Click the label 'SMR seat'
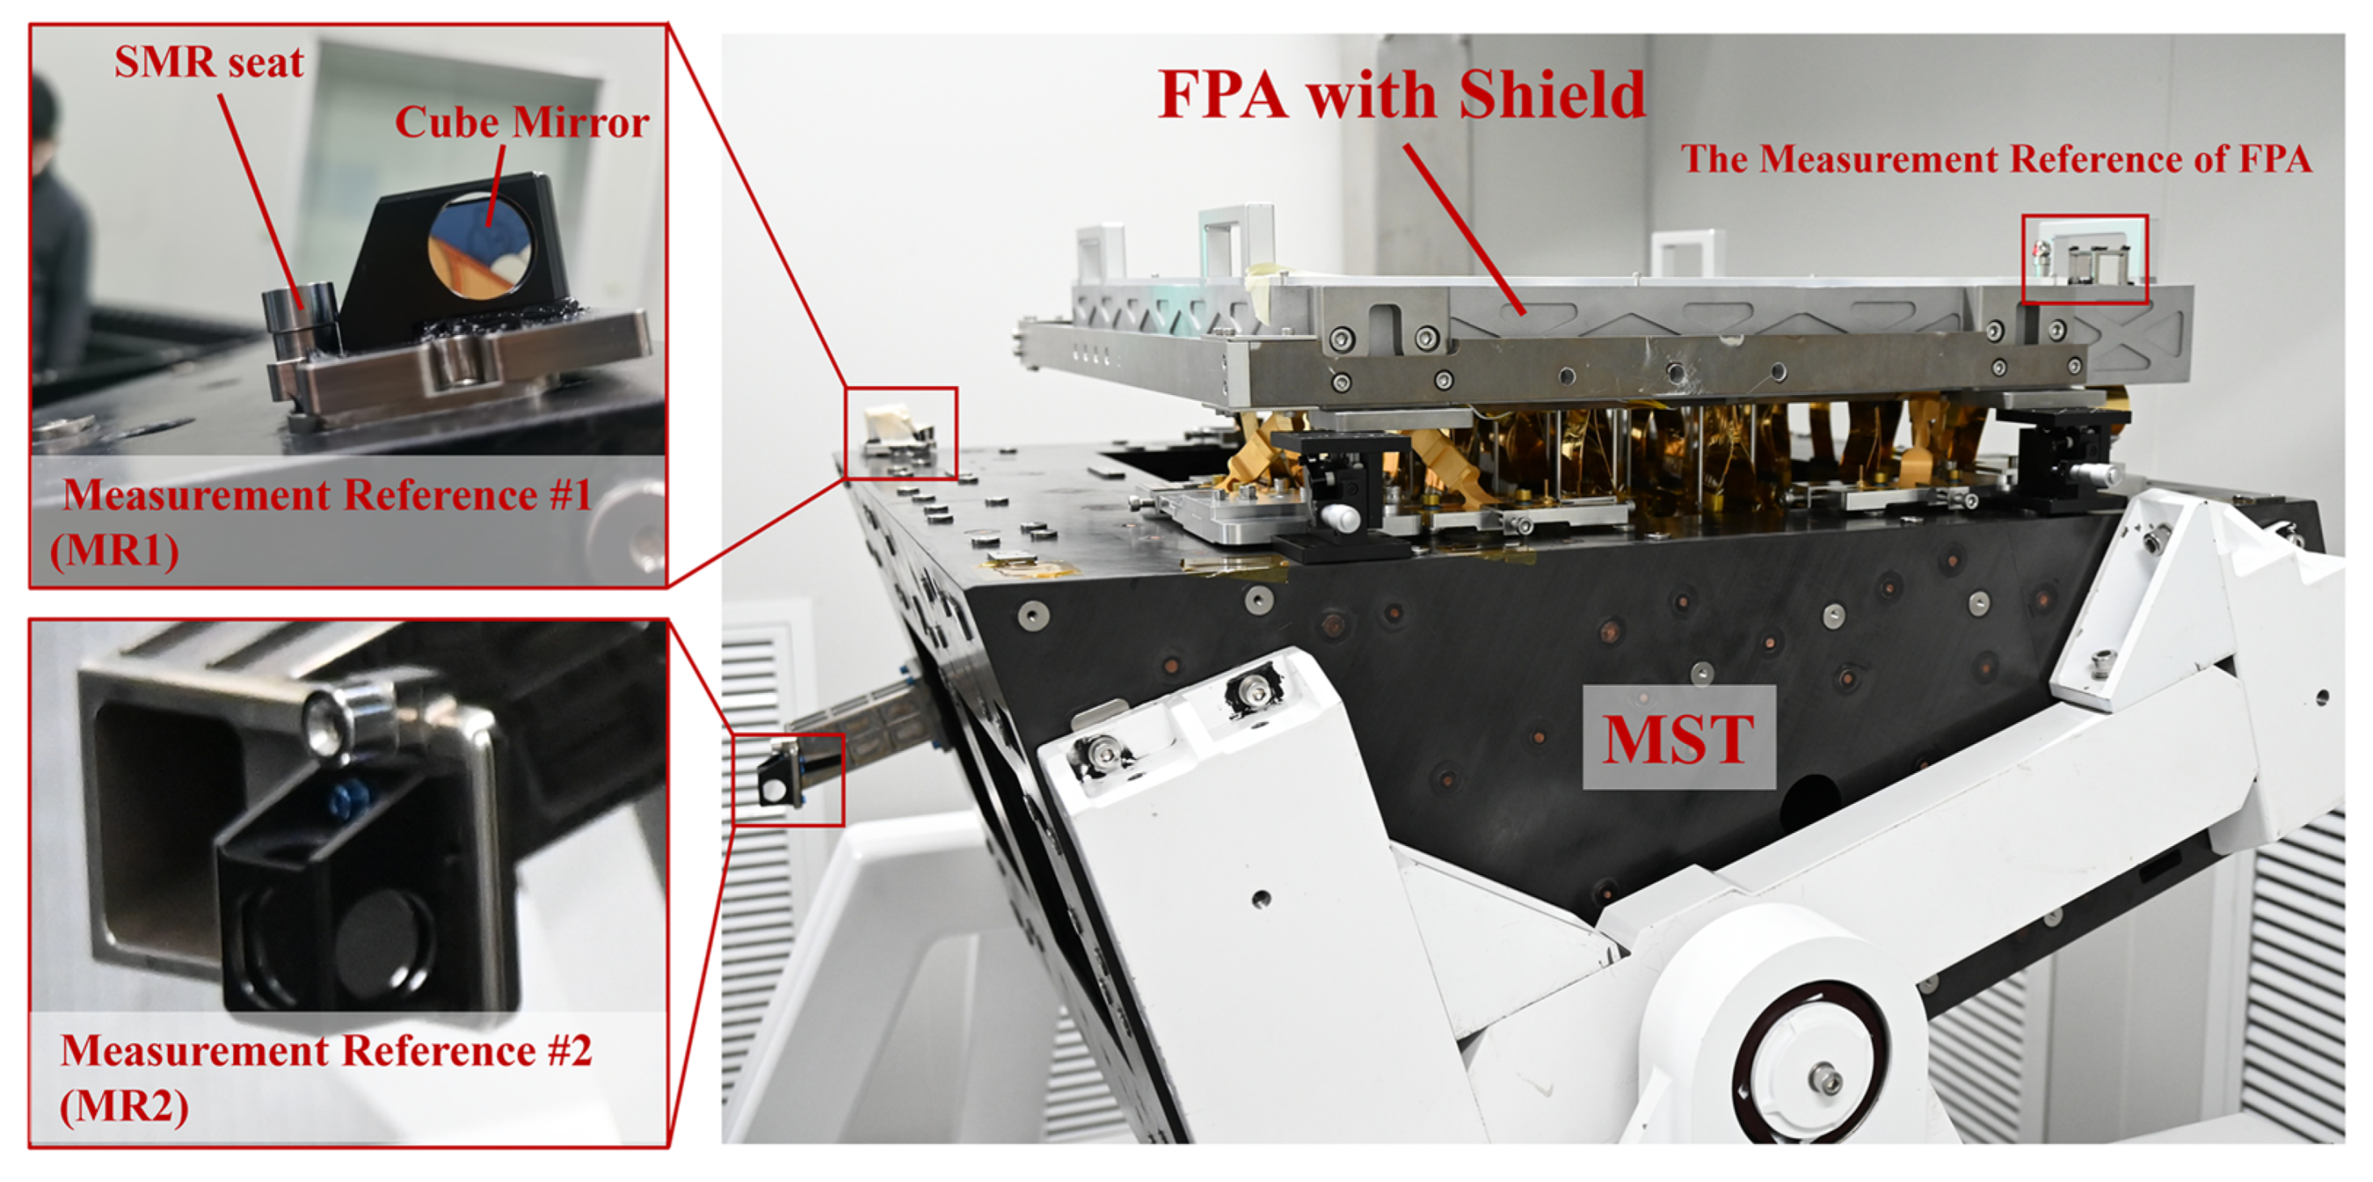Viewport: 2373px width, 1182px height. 209,62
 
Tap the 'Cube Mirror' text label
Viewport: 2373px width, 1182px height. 522,122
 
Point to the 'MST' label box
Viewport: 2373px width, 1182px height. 1678,737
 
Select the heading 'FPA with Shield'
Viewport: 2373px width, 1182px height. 1402,94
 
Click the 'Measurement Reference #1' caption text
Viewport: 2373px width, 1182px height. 327,495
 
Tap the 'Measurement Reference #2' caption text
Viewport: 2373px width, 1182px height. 326,1051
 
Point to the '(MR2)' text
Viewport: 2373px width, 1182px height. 125,1106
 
